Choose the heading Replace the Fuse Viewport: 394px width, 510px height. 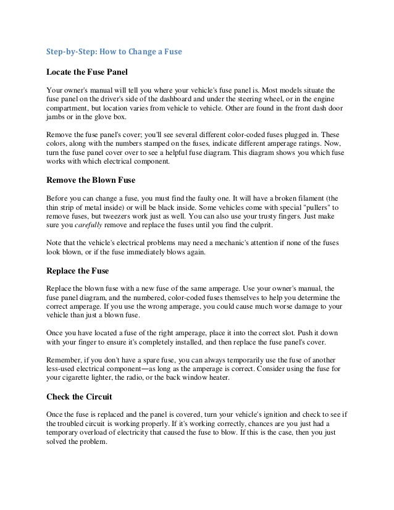(78, 269)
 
